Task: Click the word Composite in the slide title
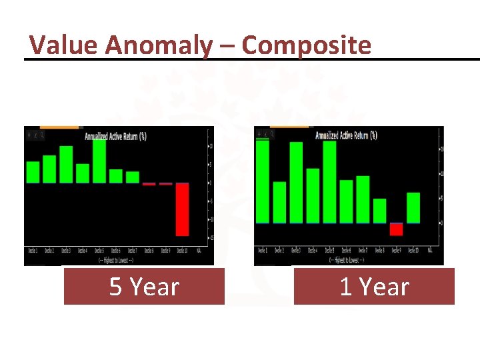306,45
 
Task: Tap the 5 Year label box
144,287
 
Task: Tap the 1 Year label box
374,287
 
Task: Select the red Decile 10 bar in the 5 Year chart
182,209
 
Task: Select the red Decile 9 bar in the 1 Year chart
397,229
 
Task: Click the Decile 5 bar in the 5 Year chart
99,161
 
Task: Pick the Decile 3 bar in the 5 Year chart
66,165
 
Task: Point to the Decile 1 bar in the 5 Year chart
33,172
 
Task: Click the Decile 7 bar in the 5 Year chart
132,177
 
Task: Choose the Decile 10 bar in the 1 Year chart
413,208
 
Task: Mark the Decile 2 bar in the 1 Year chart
280,203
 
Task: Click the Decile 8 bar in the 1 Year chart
380,211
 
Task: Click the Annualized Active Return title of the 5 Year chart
115,136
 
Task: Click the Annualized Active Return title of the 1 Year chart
345,135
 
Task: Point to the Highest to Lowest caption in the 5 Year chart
115,259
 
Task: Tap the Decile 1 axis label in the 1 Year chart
263,251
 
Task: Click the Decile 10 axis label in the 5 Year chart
182,251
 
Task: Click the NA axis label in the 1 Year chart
430,251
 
